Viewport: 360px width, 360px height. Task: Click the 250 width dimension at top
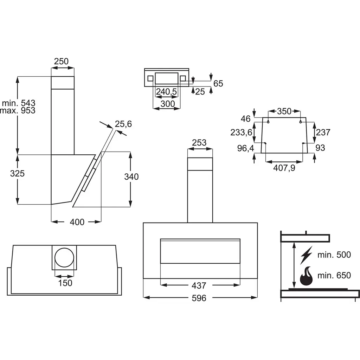pos(61,61)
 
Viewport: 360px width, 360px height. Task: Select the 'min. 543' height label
pos(19,103)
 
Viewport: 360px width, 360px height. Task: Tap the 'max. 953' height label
pos(18,110)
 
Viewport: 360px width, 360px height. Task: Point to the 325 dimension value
pos(17,173)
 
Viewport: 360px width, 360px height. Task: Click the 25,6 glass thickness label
pos(123,124)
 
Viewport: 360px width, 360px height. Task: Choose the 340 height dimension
pos(131,176)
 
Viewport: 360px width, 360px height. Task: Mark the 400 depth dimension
pos(77,222)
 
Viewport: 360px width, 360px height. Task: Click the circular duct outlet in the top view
pos(64,257)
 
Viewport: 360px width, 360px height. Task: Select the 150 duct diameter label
pos(65,283)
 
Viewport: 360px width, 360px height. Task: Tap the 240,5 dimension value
pos(166,92)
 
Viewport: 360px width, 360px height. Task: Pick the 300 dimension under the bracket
pos(168,104)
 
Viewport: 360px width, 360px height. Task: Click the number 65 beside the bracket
pos(218,83)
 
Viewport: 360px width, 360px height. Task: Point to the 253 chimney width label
pos(199,143)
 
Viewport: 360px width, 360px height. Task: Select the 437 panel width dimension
pos(199,285)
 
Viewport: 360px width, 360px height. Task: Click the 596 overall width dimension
pos(199,298)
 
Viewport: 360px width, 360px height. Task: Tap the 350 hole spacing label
pos(284,111)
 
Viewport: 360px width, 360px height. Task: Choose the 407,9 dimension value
pos(284,168)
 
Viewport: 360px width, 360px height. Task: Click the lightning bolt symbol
pos(307,255)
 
